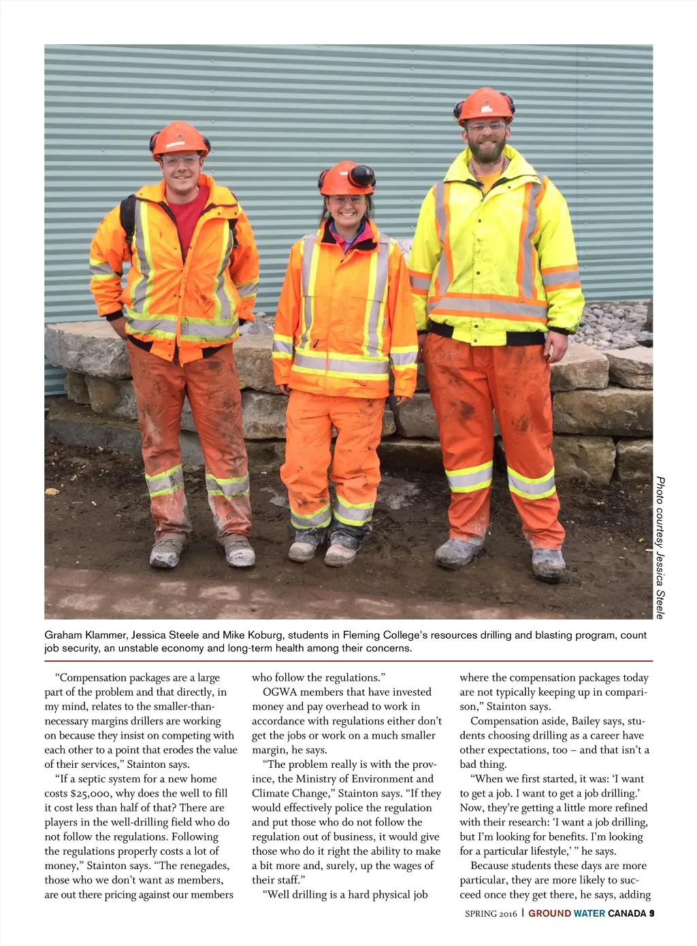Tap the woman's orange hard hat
pyautogui.click(x=343, y=178)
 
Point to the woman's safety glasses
pyautogui.click(x=347, y=200)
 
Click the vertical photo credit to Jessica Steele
pyautogui.click(x=660, y=547)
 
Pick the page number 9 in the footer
pyautogui.click(x=651, y=913)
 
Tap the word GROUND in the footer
pyautogui.click(x=549, y=913)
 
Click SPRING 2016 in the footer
pyautogui.click(x=491, y=913)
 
